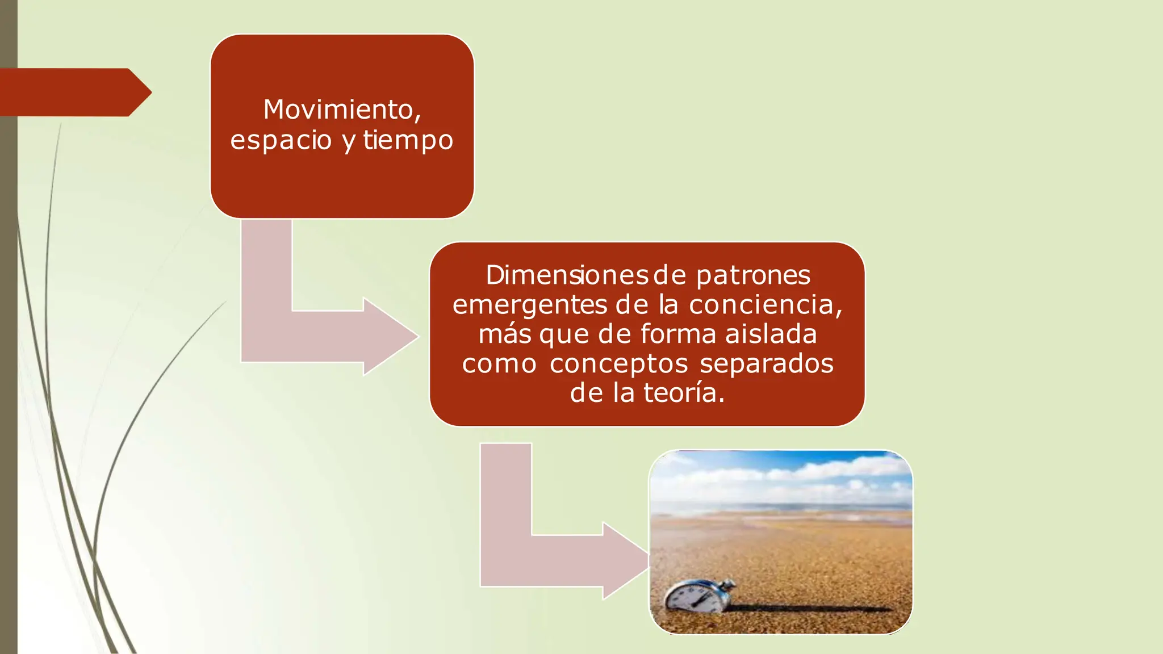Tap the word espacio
click(281, 140)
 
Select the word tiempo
click(408, 140)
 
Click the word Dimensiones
click(566, 275)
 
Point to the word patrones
click(753, 275)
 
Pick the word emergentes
click(529, 305)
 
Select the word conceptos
click(618, 363)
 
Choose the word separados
click(766, 363)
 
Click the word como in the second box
click(499, 363)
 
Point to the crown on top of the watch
click(727, 585)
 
